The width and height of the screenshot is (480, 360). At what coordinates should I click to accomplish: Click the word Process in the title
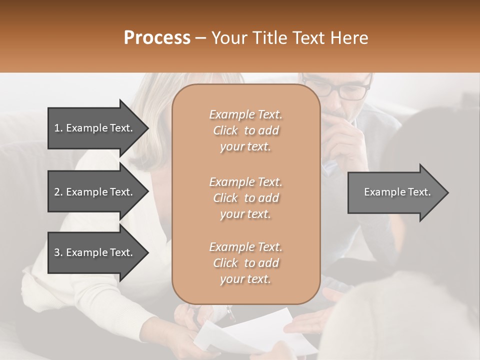click(157, 38)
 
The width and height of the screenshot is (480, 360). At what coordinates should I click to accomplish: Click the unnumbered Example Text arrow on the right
click(397, 192)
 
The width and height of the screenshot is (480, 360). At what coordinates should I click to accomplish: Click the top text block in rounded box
click(245, 130)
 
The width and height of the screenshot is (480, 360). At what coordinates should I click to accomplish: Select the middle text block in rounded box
click(245, 198)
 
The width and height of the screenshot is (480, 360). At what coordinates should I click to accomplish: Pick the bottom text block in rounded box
click(245, 263)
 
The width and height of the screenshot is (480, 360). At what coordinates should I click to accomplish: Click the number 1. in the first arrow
click(58, 128)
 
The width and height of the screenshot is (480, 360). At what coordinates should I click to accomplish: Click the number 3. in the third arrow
click(58, 252)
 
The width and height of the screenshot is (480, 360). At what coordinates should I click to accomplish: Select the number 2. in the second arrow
click(58, 192)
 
